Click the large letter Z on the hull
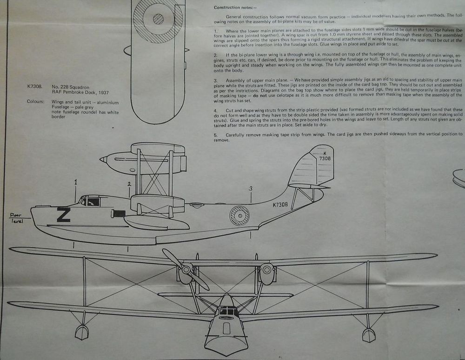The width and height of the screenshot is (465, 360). [x=63, y=215]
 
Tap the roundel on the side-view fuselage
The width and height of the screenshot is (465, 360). [x=239, y=216]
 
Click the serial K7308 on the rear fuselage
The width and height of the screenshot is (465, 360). [x=280, y=204]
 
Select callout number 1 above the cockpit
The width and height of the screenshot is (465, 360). [x=75, y=183]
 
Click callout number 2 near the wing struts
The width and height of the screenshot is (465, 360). [x=129, y=184]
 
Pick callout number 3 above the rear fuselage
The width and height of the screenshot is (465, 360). [x=251, y=188]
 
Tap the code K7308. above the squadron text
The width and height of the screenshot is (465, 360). [x=35, y=86]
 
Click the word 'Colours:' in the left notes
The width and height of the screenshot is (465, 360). [x=38, y=102]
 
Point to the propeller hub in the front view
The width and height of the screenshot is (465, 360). [x=186, y=268]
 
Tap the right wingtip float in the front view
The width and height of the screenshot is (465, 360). [x=368, y=334]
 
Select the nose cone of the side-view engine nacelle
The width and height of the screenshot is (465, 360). [x=103, y=159]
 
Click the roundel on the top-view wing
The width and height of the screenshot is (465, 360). [x=158, y=19]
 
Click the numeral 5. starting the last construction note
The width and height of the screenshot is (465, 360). [x=215, y=135]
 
